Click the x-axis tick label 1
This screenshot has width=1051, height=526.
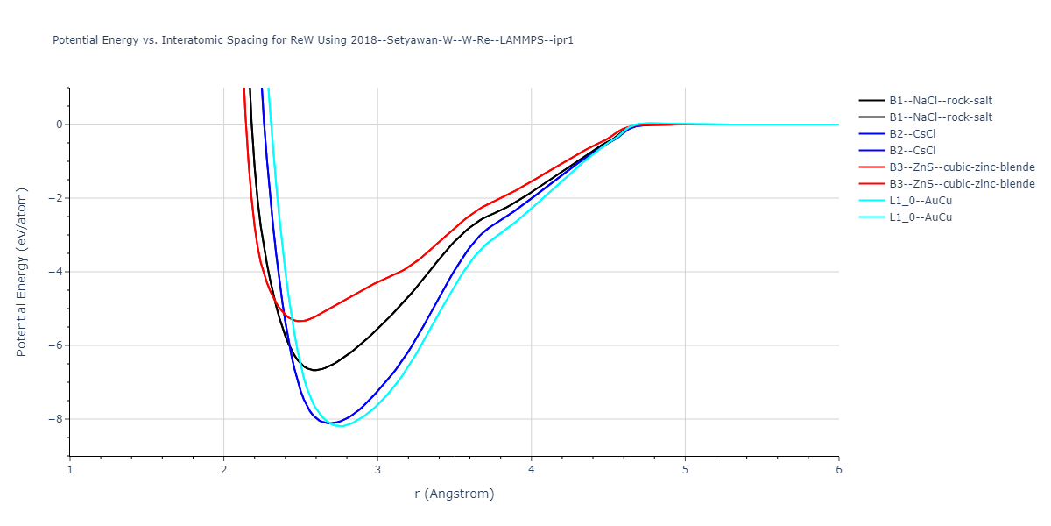click(70, 470)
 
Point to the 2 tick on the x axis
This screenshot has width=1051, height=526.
click(223, 470)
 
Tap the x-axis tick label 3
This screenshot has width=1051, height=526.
click(377, 470)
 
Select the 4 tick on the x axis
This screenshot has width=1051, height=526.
click(532, 470)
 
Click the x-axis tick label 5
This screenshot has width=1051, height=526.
click(685, 470)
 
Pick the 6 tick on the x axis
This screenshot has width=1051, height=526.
click(839, 470)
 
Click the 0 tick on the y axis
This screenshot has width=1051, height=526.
click(59, 124)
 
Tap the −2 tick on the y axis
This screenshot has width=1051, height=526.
click(55, 198)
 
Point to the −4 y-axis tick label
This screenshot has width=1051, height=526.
click(55, 272)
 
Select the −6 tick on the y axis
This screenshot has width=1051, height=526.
click(55, 345)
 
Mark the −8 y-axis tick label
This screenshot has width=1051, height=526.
click(55, 419)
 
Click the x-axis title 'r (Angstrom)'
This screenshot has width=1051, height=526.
click(455, 494)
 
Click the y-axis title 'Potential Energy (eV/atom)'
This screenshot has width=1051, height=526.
click(22, 272)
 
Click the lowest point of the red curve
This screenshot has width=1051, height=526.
click(300, 321)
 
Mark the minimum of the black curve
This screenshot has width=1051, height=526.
click(314, 370)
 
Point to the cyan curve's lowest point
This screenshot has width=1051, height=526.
click(342, 426)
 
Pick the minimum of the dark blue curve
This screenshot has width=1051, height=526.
click(331, 423)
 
